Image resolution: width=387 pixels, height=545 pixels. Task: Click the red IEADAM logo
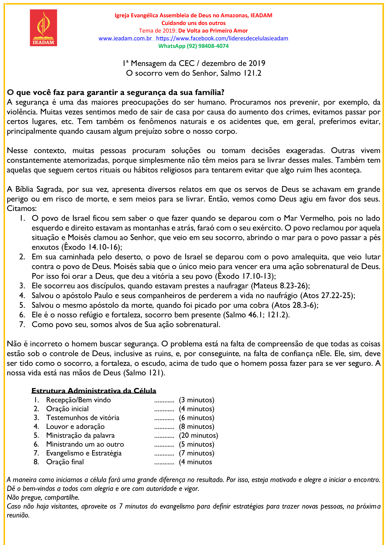tap(43, 28)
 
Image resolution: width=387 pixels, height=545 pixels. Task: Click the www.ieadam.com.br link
tap(125, 38)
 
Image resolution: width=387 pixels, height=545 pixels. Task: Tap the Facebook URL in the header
tap(222, 38)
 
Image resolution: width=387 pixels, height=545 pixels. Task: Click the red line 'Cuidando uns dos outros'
tap(193, 23)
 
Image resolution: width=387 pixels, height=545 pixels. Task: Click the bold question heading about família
tap(116, 92)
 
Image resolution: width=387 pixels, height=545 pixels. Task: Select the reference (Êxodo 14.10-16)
tap(92, 247)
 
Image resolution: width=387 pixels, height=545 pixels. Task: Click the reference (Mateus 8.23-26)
tap(280, 286)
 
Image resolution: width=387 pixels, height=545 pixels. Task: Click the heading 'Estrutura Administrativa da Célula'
tap(94, 391)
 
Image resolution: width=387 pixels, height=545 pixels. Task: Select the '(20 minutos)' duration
tap(198, 435)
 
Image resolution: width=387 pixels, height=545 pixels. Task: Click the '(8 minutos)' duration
tap(196, 427)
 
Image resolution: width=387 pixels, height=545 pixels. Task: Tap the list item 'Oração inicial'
tap(67, 409)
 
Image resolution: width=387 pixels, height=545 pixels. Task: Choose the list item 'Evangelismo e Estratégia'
tap(84, 453)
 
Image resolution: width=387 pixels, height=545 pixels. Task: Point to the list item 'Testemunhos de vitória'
tap(82, 418)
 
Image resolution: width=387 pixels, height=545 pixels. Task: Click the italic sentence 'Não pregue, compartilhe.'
tap(43, 497)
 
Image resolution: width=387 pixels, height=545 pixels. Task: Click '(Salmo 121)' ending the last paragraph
tap(144, 373)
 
